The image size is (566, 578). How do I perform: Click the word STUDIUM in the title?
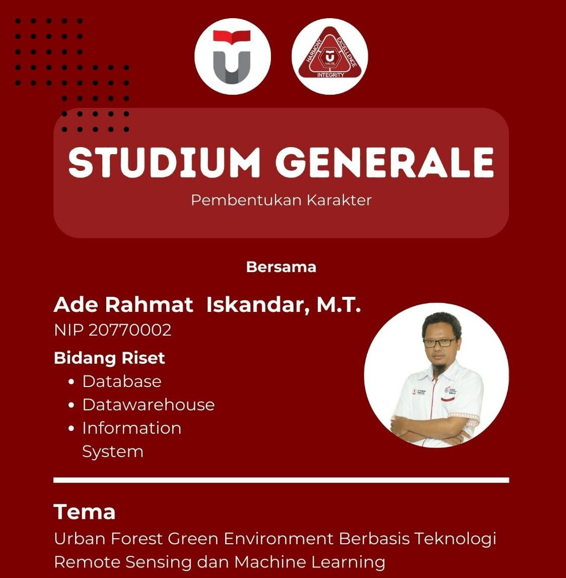(164, 162)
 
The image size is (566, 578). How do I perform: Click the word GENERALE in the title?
(385, 162)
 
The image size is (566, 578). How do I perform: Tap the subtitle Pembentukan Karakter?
(281, 200)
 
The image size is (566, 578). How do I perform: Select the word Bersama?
(281, 267)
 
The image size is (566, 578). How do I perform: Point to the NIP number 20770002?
(130, 330)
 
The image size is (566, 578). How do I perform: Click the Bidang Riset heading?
(109, 358)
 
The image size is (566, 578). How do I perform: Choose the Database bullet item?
(122, 381)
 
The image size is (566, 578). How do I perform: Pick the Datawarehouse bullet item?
(148, 405)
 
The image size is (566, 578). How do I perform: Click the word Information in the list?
(131, 428)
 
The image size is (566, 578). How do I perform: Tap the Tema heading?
(85, 511)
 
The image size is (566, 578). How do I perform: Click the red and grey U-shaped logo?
(232, 56)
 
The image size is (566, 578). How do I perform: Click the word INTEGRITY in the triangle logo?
(330, 75)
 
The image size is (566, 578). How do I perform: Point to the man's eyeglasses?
(439, 343)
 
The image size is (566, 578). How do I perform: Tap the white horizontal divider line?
(281, 480)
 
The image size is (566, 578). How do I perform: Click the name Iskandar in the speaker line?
(255, 305)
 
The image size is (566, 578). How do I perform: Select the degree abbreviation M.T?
(338, 305)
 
